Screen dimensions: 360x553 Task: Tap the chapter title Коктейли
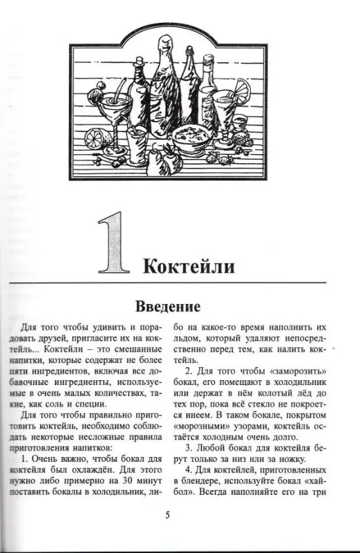(x=191, y=266)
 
